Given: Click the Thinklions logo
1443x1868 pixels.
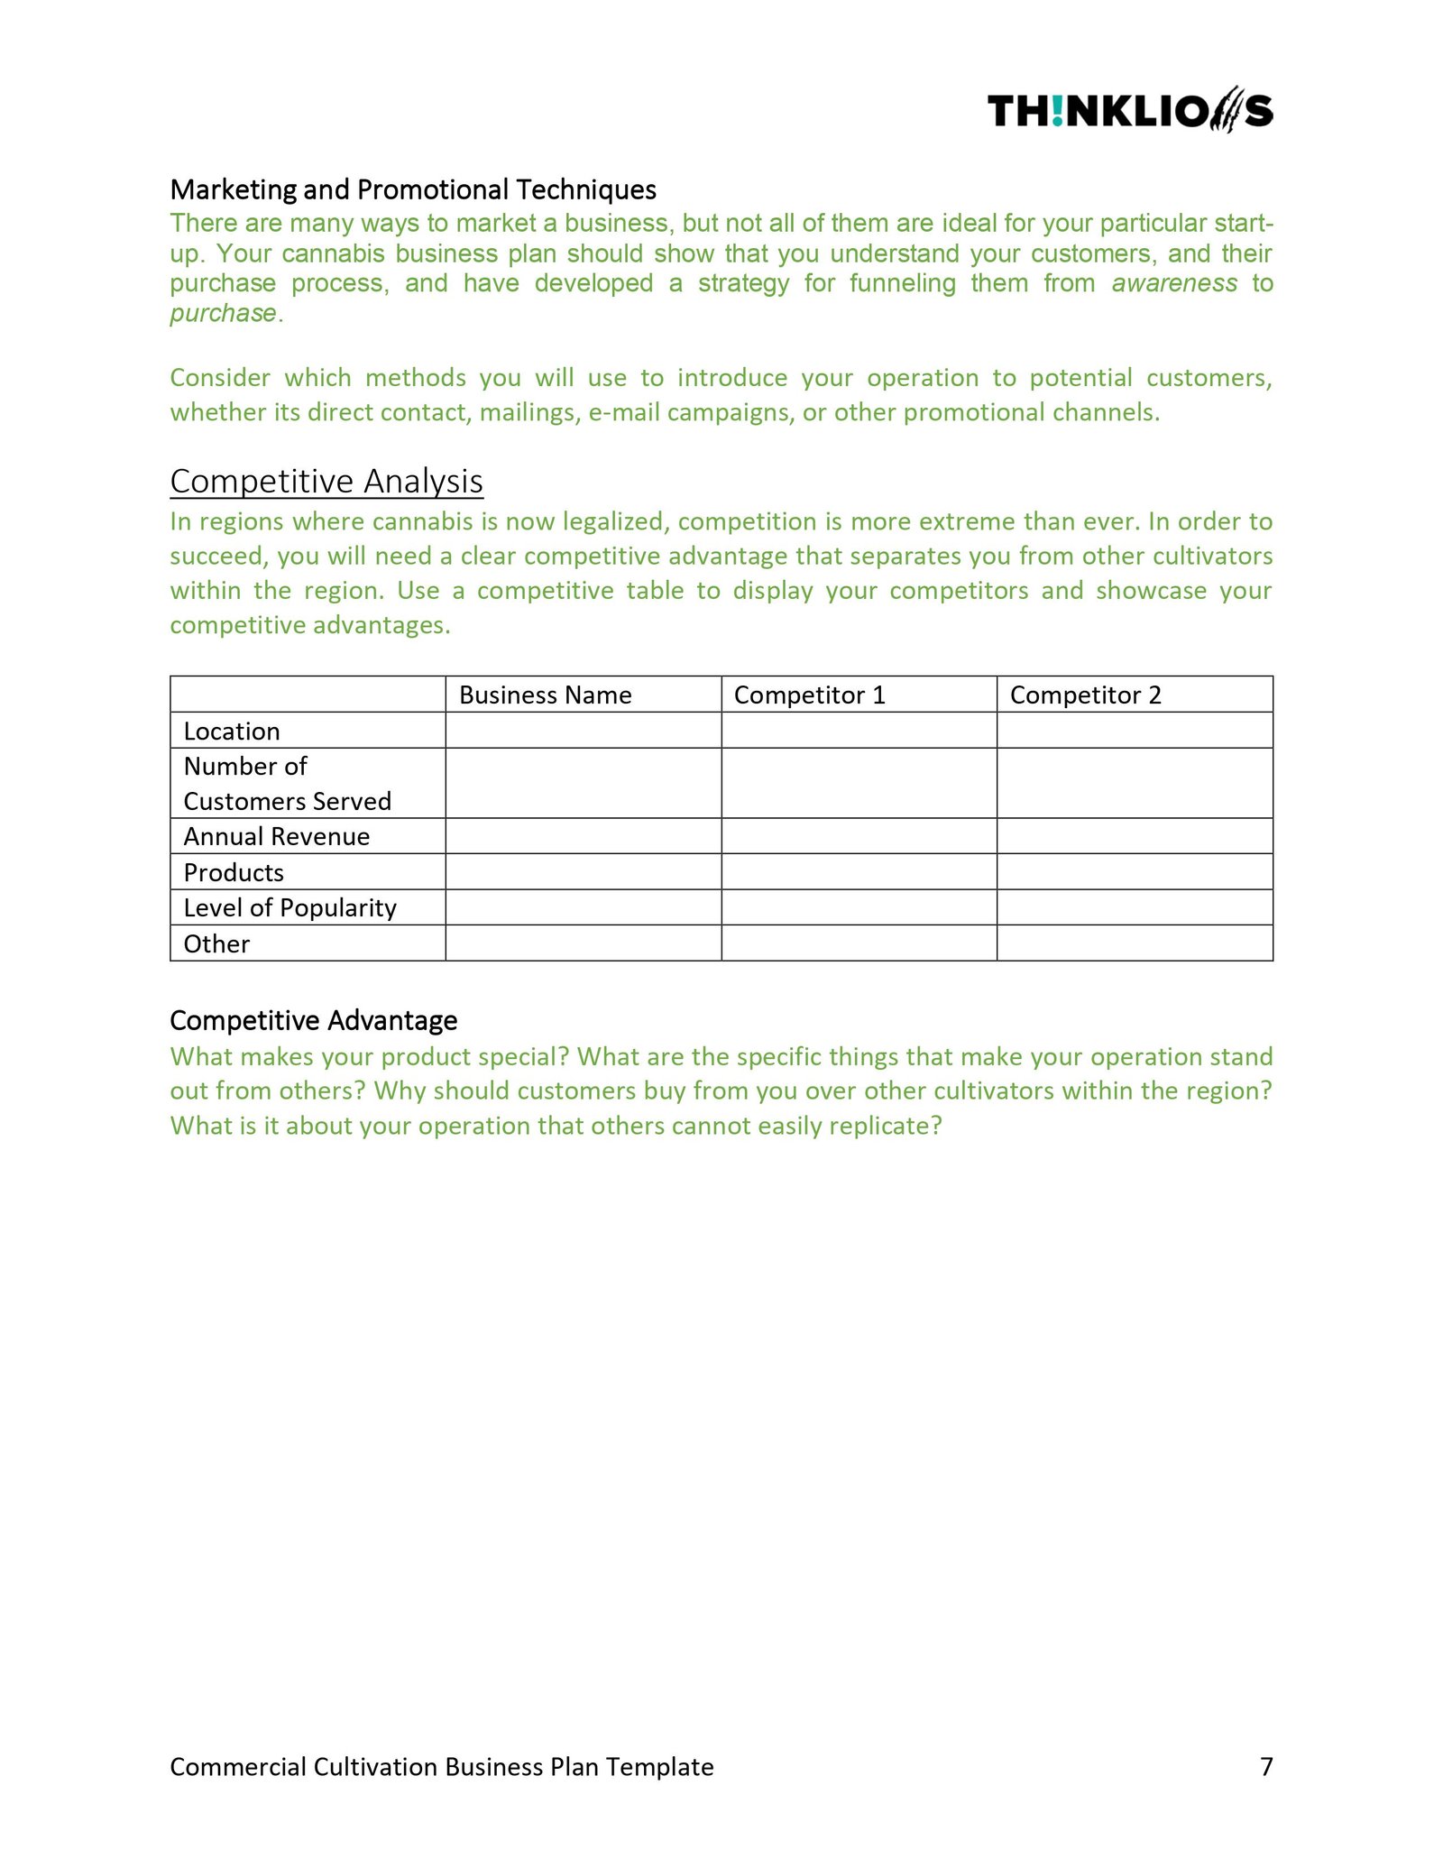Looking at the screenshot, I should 1129,111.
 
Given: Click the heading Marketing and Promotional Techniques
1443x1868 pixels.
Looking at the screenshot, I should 413,189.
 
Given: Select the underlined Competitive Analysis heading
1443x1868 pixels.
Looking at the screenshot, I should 326,481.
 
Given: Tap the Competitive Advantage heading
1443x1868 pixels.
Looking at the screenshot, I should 313,1020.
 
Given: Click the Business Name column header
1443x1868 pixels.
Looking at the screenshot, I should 545,695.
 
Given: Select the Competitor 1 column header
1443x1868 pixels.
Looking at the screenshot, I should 809,695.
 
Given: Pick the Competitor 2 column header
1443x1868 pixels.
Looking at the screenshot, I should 1085,695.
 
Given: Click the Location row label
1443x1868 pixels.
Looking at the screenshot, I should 232,731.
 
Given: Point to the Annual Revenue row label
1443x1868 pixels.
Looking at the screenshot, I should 277,836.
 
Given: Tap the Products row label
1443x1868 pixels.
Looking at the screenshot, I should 234,872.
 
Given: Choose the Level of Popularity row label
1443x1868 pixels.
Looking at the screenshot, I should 290,907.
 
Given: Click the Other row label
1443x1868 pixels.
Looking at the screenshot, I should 216,943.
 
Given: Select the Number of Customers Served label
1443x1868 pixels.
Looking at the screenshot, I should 287,783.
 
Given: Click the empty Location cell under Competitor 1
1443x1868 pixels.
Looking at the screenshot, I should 859,731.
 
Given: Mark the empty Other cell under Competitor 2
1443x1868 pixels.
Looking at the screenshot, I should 1135,943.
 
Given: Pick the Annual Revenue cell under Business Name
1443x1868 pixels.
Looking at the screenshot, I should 583,836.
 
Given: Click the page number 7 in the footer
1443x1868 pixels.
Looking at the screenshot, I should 1266,1766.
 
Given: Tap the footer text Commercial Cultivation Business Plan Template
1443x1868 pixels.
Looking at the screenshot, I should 441,1766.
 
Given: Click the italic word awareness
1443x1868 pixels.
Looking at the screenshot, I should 1173,283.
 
